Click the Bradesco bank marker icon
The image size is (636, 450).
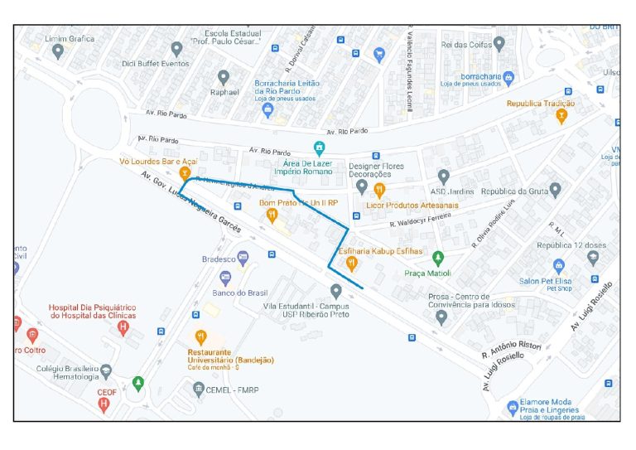pyautogui.click(x=243, y=258)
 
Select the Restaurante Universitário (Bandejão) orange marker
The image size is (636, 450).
pyautogui.click(x=200, y=337)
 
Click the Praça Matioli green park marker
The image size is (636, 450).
pyautogui.click(x=439, y=258)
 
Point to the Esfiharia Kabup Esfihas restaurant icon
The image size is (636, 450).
pyautogui.click(x=352, y=264)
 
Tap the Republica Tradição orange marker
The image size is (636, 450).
pyautogui.click(x=561, y=116)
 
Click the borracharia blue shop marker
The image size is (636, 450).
pyautogui.click(x=509, y=79)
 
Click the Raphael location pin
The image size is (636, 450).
pyautogui.click(x=223, y=78)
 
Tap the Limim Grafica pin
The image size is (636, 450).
pyautogui.click(x=57, y=52)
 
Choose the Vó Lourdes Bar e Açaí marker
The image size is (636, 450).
pyautogui.click(x=175, y=174)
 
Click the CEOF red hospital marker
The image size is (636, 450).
pyautogui.click(x=104, y=404)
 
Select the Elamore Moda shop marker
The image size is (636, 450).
pyautogui.click(x=513, y=408)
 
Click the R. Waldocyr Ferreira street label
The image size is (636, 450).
pyautogui.click(x=421, y=220)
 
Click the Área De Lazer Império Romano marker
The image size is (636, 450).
pyautogui.click(x=319, y=148)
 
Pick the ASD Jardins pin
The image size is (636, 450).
pyautogui.click(x=444, y=177)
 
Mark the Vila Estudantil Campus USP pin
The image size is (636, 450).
pyautogui.click(x=335, y=291)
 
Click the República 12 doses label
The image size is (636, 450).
pyautogui.click(x=571, y=245)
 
